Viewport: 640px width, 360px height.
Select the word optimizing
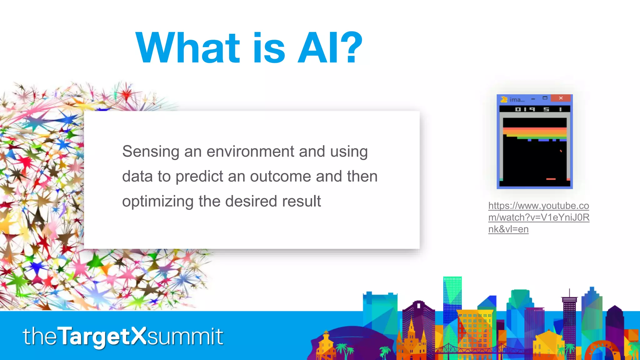coord(158,202)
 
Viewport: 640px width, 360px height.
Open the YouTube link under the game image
coord(538,217)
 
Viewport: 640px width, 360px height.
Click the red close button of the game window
coord(561,98)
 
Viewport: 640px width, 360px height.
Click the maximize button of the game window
coord(545,98)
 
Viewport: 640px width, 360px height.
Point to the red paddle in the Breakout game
coord(551,179)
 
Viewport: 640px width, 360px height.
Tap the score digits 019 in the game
coord(525,109)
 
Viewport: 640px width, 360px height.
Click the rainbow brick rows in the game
coord(535,133)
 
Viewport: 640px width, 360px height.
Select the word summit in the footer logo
coord(185,337)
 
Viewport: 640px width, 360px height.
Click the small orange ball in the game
coord(561,151)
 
